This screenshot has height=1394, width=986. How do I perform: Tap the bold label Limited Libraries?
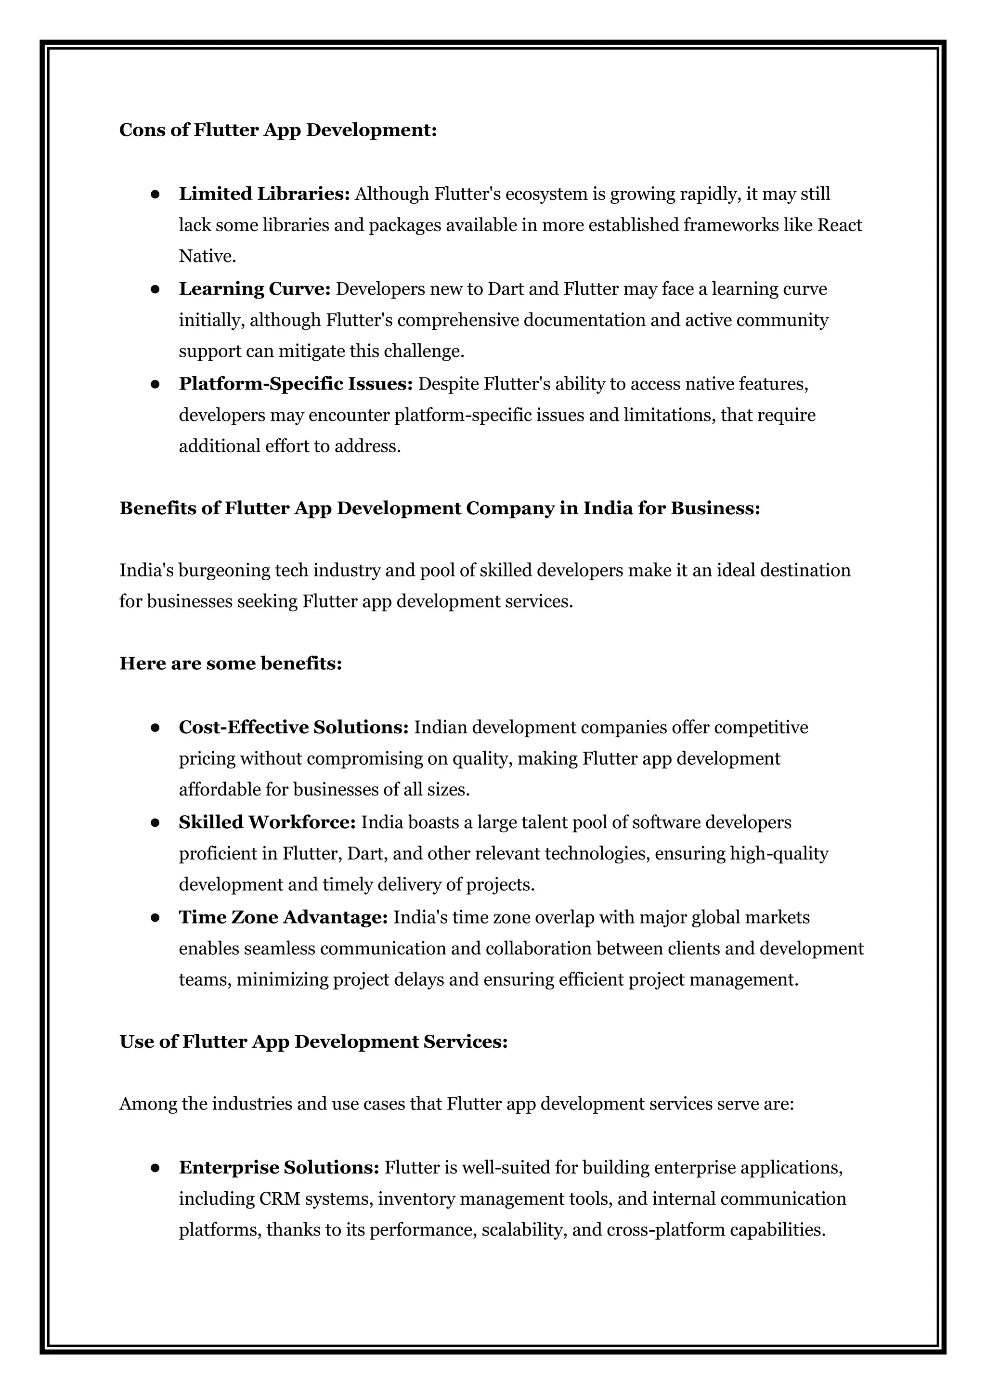click(x=264, y=194)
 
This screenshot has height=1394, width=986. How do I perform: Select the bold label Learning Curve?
click(x=254, y=288)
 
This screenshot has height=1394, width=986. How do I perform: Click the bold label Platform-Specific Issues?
click(x=296, y=384)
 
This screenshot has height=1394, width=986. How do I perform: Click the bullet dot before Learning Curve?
click(x=155, y=289)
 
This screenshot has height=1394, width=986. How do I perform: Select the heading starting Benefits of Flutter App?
click(x=439, y=508)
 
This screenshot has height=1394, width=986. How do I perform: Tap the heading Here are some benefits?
click(x=230, y=663)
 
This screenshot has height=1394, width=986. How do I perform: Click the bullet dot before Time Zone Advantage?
click(x=155, y=918)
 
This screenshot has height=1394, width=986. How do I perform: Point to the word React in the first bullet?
click(x=840, y=225)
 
